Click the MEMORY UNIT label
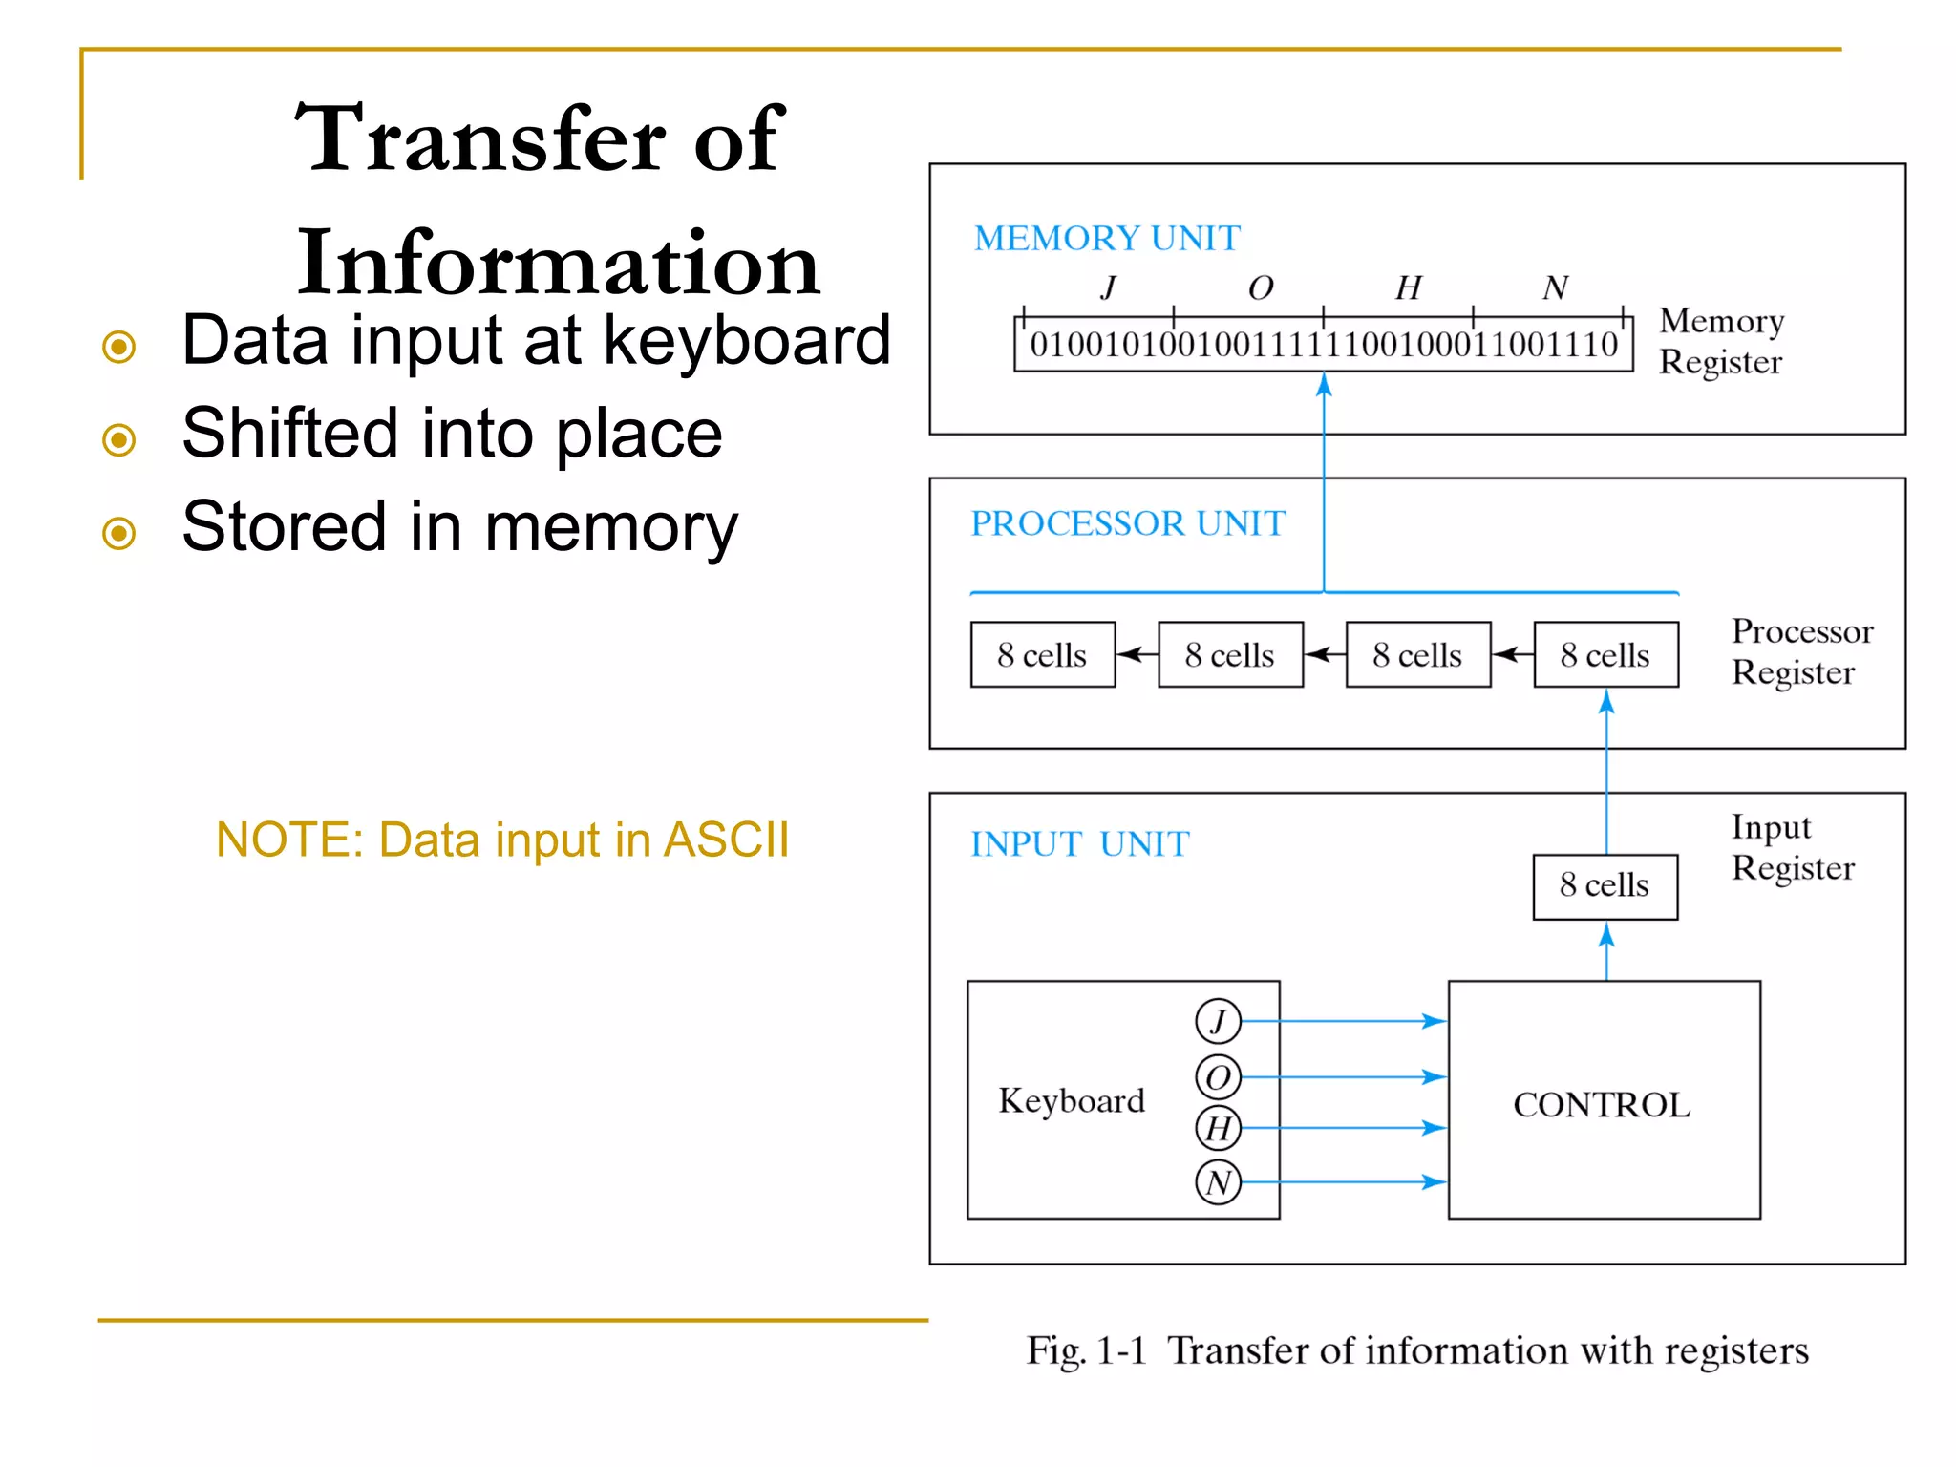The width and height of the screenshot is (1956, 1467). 1107,238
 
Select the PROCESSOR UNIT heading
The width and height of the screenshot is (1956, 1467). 1128,523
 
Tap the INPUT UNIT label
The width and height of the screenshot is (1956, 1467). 1079,844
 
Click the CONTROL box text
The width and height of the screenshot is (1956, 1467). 1602,1105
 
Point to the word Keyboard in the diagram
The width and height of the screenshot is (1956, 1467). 1072,1101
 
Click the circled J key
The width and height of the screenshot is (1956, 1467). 1218,1021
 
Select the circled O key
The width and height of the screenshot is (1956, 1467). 1218,1077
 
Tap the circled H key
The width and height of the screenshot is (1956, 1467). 1218,1128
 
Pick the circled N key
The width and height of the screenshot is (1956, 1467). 1218,1182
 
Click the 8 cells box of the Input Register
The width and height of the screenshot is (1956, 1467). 1605,886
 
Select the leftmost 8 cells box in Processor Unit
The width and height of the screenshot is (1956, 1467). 1042,655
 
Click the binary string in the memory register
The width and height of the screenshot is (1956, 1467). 1324,345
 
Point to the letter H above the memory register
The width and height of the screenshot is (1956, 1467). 1408,287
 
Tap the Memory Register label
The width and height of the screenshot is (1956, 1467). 1721,341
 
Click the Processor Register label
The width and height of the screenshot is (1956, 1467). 1801,651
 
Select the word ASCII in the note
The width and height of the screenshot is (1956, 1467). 726,840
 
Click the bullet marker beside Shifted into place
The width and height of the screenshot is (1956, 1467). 119,439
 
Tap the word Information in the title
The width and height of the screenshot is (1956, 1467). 558,263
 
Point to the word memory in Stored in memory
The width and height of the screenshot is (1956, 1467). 611,527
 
